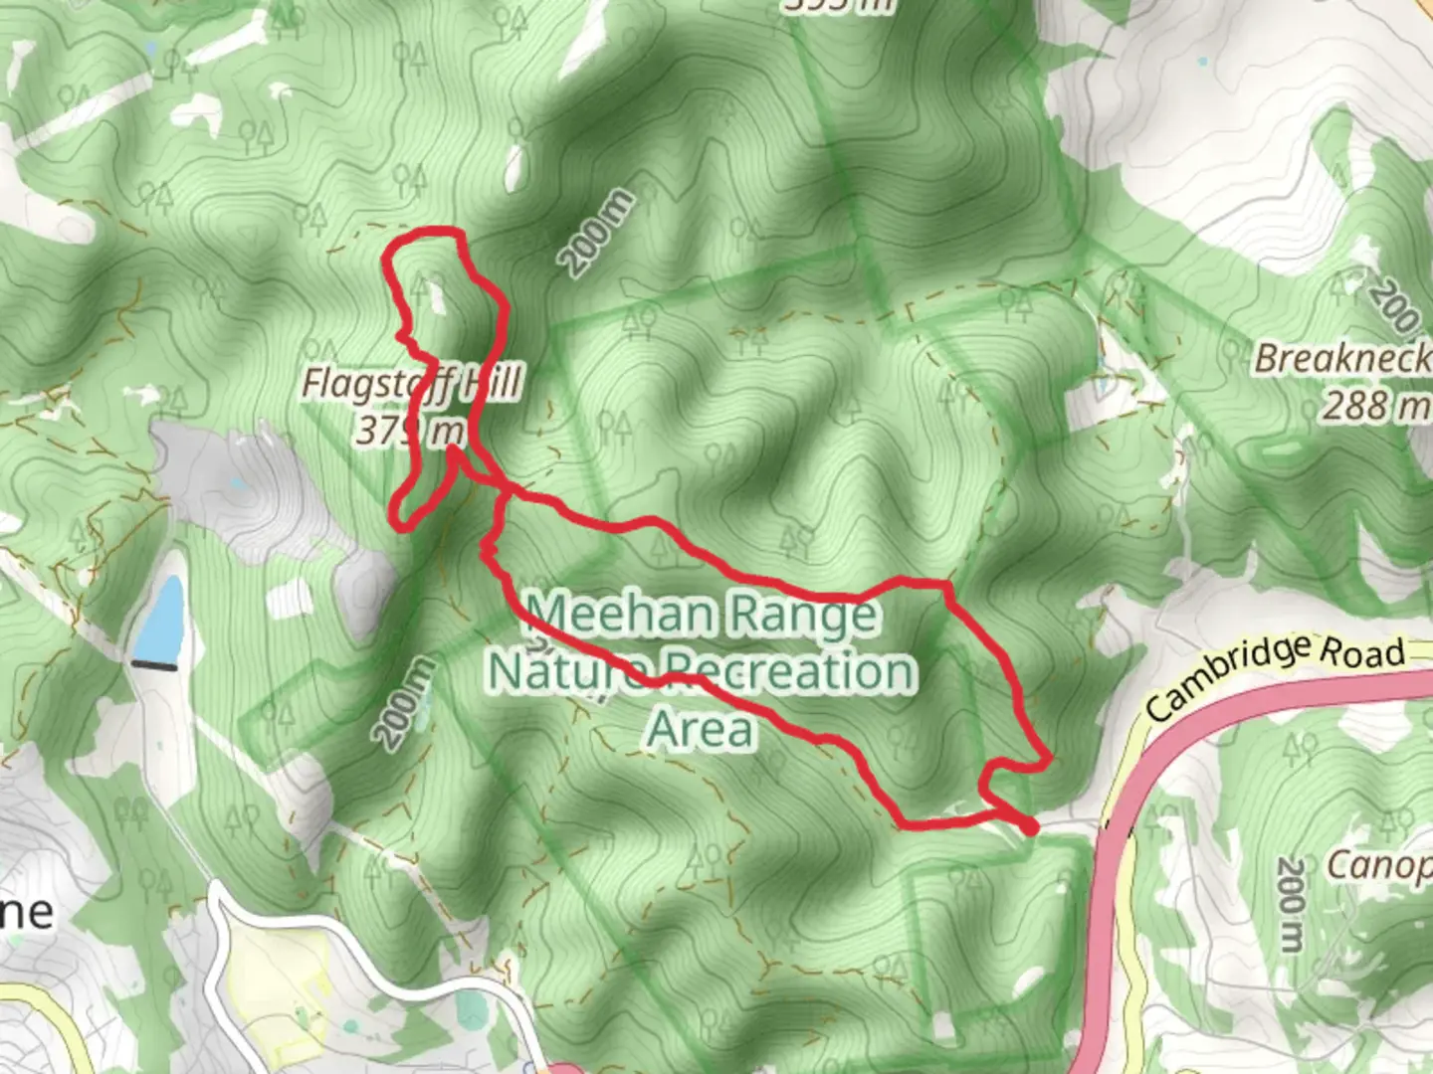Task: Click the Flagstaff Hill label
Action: (x=411, y=384)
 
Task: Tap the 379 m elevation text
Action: (x=410, y=431)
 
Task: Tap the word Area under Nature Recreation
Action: (x=701, y=729)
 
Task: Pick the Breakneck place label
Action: (x=1341, y=359)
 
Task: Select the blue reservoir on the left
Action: (x=160, y=619)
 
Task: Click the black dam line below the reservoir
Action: (x=154, y=664)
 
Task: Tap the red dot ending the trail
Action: (x=1031, y=826)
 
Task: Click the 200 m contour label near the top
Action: (x=596, y=233)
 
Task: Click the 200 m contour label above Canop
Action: (x=1290, y=903)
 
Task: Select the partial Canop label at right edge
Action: (x=1379, y=865)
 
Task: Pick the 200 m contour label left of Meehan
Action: (x=405, y=702)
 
